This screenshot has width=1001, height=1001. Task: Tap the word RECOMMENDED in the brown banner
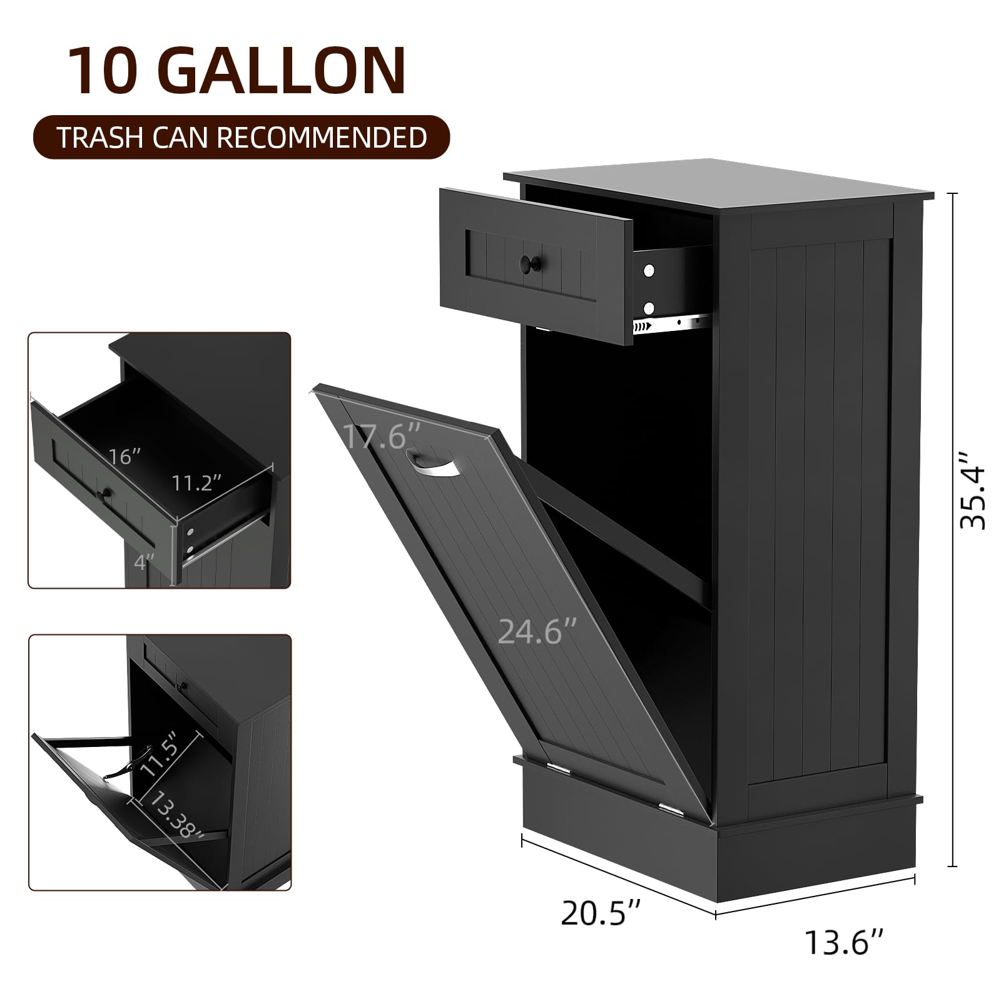330,138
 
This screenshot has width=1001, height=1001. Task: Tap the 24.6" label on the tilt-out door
537,631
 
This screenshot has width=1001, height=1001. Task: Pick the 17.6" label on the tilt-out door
382,436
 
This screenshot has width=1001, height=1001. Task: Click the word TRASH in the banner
99,138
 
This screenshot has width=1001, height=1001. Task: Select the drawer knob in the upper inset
105,495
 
